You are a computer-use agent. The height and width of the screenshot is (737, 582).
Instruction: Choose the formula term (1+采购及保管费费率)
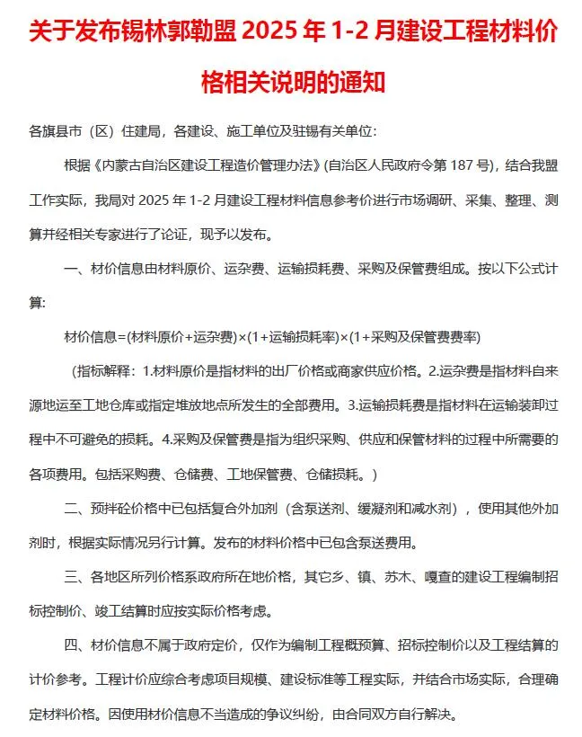(x=420, y=336)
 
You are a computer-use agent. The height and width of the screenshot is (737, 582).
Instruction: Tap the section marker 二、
(x=73, y=509)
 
